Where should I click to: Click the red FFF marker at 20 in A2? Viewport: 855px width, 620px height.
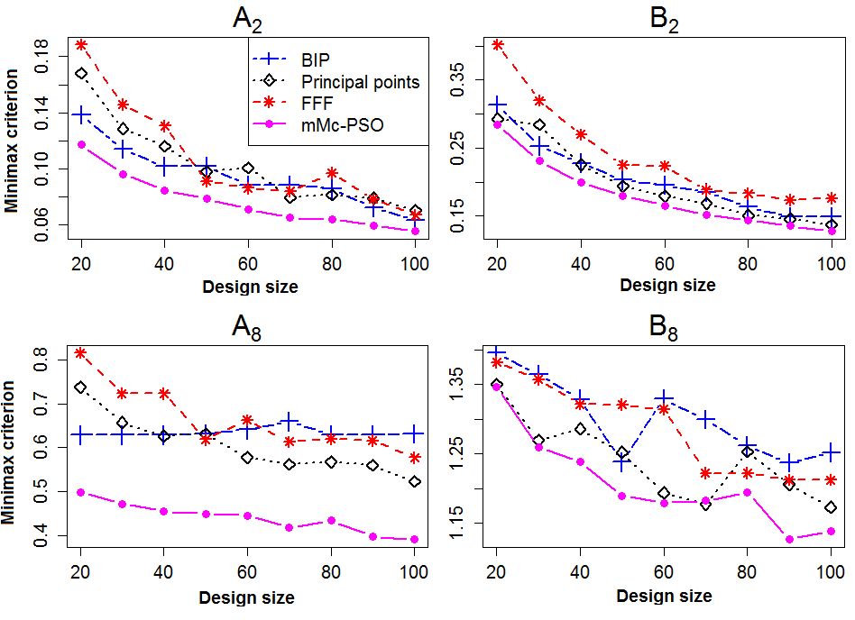click(x=81, y=43)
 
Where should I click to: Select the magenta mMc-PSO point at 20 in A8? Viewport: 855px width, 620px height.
click(x=81, y=493)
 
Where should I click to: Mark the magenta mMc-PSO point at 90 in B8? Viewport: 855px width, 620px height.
click(x=789, y=540)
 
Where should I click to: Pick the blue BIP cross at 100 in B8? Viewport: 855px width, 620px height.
click(x=831, y=452)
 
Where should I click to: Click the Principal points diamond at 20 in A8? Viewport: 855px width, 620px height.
click(x=81, y=387)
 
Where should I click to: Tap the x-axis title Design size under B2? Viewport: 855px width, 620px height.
click(x=664, y=287)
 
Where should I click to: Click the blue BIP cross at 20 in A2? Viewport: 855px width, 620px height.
click(x=81, y=114)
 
